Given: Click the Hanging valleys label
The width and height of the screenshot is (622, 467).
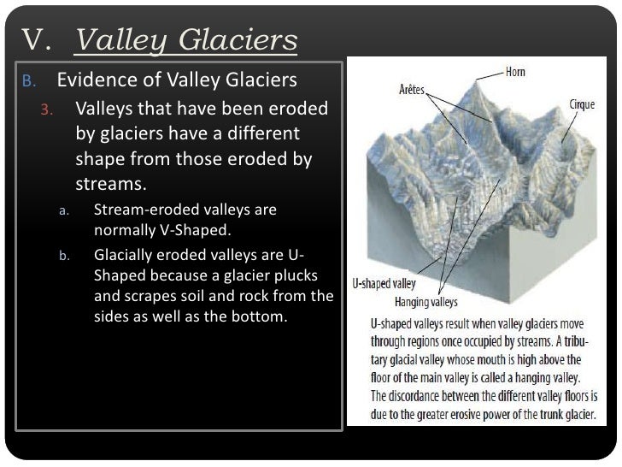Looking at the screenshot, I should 425,302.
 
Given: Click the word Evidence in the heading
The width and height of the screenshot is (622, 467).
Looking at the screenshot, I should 93,82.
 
